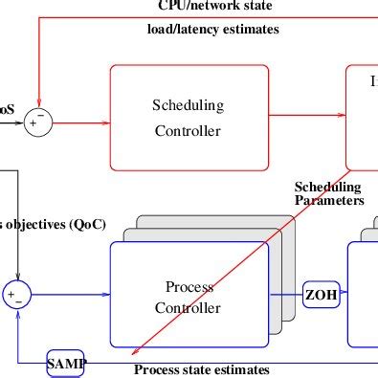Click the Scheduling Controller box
[x=188, y=118]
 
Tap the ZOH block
[x=322, y=296]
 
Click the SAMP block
[x=66, y=364]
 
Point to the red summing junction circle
[x=38, y=122]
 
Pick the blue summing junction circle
[x=16, y=295]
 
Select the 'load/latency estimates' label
[x=212, y=30]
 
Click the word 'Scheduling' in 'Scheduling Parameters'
[x=327, y=187]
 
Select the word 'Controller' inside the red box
[x=188, y=131]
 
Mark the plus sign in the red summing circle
[x=33, y=122]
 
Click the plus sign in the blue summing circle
[x=11, y=294]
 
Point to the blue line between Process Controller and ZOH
[x=286, y=296]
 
